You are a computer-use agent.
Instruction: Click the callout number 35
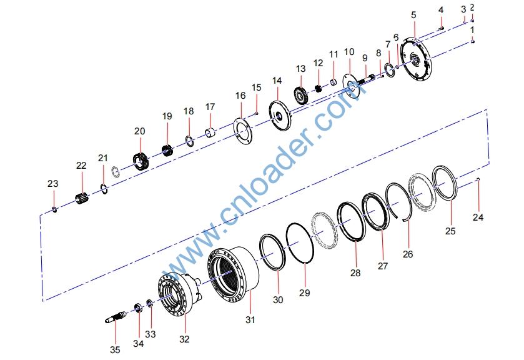click(115, 349)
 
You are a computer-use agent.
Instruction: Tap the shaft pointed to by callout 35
click(116, 317)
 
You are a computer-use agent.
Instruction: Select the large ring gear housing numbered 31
click(233, 274)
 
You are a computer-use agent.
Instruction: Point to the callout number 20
click(140, 131)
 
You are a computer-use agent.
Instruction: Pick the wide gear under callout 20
click(141, 161)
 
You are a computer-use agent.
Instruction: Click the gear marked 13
click(301, 94)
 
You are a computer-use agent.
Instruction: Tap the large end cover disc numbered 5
click(416, 59)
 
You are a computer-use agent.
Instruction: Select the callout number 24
click(478, 217)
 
